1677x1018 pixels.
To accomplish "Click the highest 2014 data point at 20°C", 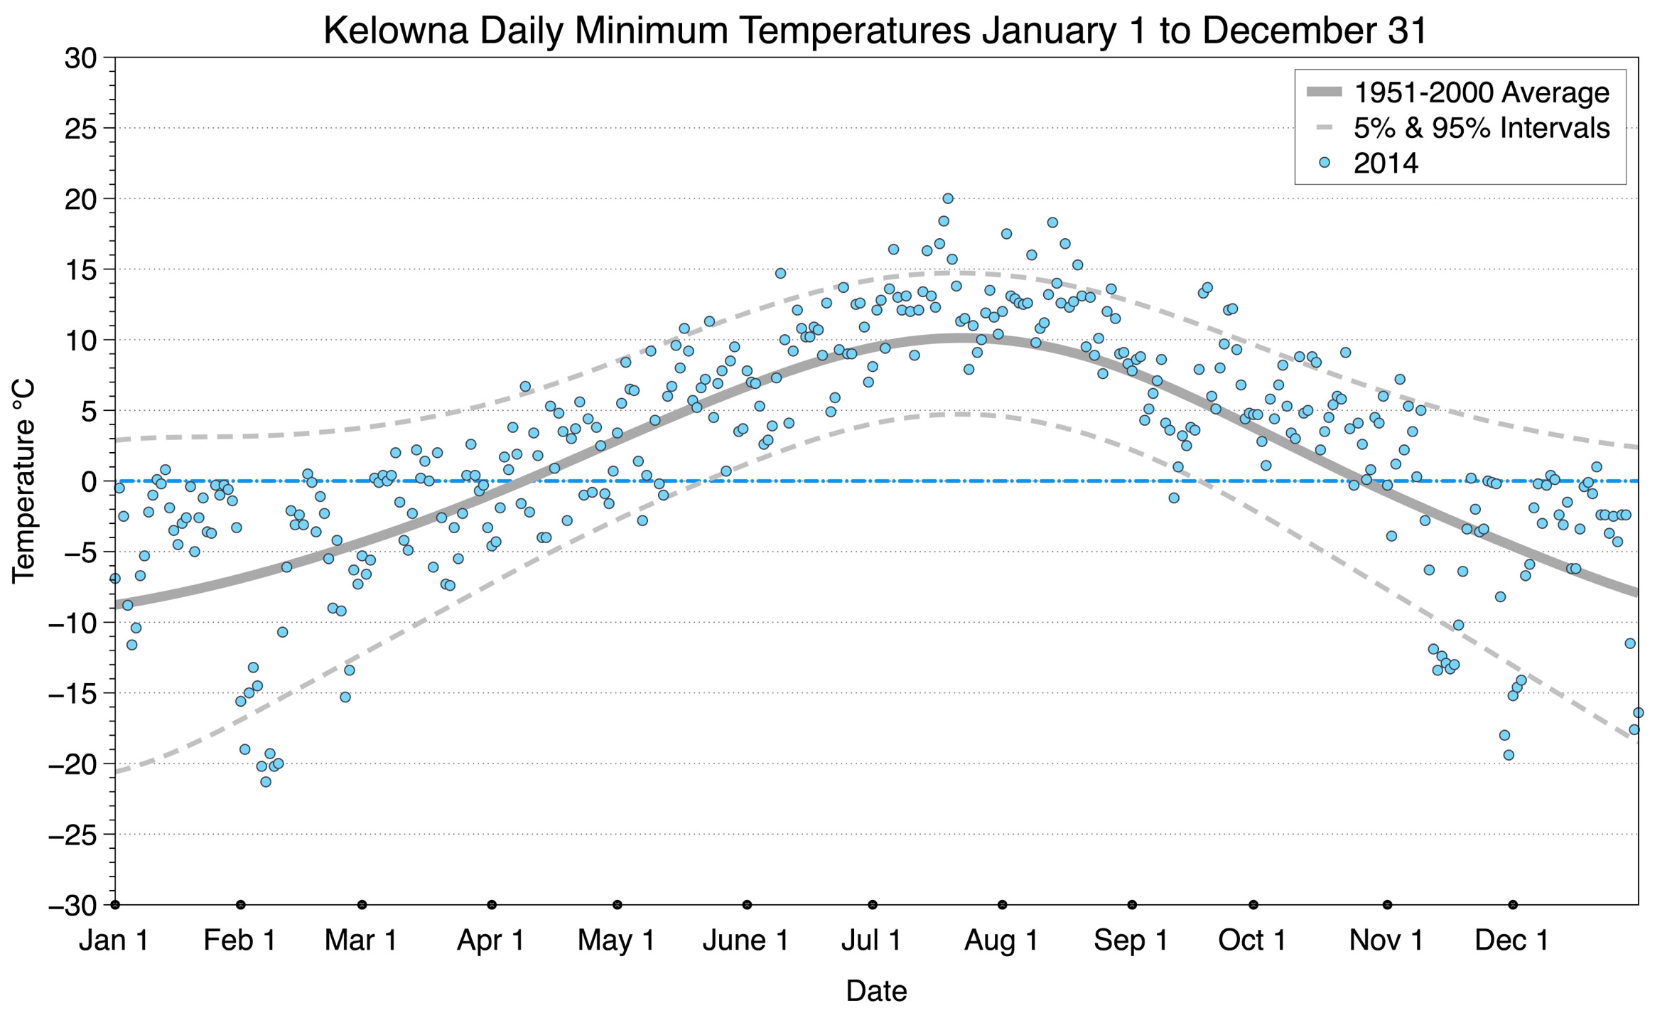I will click(x=947, y=199).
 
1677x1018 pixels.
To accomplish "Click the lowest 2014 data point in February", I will click(x=266, y=782).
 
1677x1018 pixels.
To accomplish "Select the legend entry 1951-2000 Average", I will click(x=1481, y=93).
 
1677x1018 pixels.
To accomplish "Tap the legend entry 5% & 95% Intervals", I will click(x=1481, y=128).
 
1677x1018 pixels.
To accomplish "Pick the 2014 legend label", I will click(x=1385, y=164).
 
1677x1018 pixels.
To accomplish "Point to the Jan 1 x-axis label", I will click(x=114, y=941).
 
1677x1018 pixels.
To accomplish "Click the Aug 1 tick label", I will click(x=1001, y=941).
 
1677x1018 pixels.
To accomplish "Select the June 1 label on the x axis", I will click(x=746, y=941).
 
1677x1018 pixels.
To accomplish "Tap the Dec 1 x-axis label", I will click(x=1512, y=941).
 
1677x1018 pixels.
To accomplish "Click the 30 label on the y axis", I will click(x=80, y=58).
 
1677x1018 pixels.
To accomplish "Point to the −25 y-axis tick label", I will click(x=71, y=835).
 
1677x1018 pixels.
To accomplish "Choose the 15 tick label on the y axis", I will click(x=80, y=270).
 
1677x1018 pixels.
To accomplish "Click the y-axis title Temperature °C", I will click(x=23, y=481).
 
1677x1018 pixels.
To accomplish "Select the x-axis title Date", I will click(x=876, y=991).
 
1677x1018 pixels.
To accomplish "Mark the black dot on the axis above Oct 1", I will click(x=1253, y=905).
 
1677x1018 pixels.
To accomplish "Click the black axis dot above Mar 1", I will click(x=362, y=905).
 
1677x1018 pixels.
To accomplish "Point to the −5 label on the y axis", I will click(x=71, y=552).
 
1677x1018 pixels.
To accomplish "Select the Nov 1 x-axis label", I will click(x=1386, y=941).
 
